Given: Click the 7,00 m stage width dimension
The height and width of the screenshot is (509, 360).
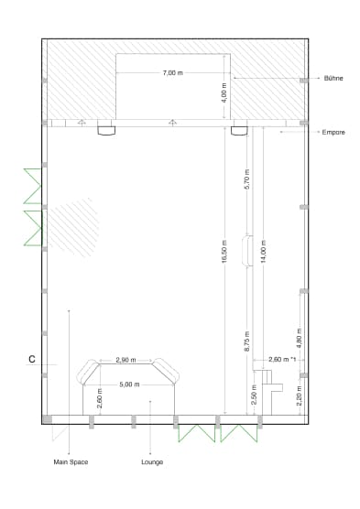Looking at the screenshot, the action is click(173, 72).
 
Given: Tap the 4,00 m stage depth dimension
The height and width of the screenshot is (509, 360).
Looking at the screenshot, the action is click(224, 92).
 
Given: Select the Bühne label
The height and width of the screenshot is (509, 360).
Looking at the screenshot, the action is click(333, 78).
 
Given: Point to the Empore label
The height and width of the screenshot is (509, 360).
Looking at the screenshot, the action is click(333, 133).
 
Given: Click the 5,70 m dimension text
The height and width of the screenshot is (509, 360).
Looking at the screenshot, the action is click(247, 179).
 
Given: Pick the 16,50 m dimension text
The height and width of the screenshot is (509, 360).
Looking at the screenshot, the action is click(224, 251).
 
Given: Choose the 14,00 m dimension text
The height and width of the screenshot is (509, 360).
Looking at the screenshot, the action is click(264, 251).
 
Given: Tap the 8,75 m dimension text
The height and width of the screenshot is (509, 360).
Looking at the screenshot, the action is click(247, 341).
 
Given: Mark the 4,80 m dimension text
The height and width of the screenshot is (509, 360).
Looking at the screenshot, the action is click(300, 338).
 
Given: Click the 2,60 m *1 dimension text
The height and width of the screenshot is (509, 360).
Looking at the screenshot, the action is click(282, 360).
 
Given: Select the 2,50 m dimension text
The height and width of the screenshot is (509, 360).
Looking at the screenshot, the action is click(255, 395).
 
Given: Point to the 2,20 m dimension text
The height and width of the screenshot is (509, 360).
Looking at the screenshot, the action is click(300, 395).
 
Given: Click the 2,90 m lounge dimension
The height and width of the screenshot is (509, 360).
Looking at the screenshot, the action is click(125, 361).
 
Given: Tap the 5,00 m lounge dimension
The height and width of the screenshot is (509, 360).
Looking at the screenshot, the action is click(129, 384).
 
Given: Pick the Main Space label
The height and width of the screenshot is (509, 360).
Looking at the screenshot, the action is click(71, 462).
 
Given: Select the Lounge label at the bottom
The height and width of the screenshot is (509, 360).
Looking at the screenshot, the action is click(152, 462).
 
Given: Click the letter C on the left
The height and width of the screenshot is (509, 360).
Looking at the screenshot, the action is click(32, 360).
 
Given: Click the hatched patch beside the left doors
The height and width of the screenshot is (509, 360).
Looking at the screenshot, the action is click(73, 227).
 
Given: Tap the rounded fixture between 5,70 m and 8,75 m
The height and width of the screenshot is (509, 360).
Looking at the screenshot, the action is click(247, 251).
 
